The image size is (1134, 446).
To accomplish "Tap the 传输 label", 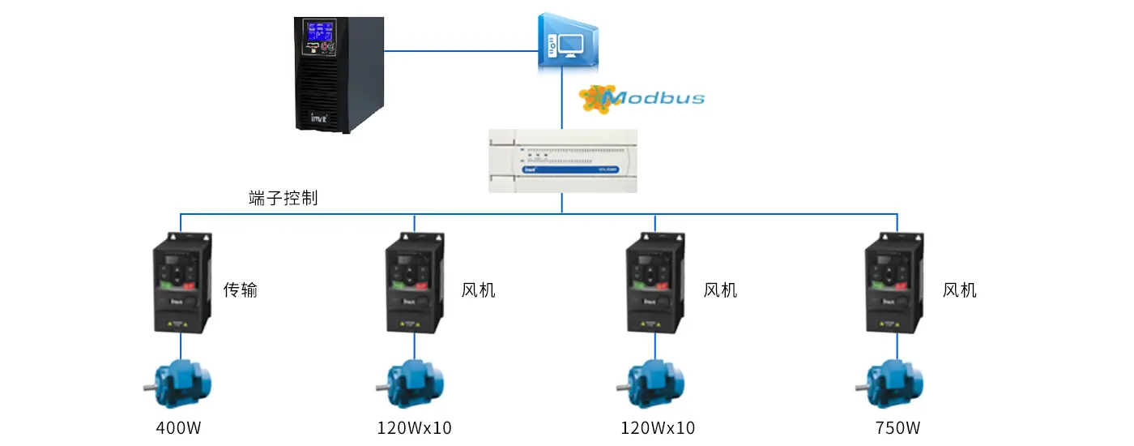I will pyautogui.click(x=241, y=289).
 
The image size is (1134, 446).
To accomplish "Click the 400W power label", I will pyautogui.click(x=178, y=427).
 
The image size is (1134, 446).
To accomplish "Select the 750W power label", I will pyautogui.click(x=897, y=427).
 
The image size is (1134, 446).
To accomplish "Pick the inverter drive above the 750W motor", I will pyautogui.click(x=893, y=284).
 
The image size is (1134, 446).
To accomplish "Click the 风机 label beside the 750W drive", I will pyautogui.click(x=960, y=289).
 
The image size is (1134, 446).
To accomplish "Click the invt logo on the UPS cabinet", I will pyautogui.click(x=318, y=118).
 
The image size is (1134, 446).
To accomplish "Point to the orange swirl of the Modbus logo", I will pyautogui.click(x=595, y=98).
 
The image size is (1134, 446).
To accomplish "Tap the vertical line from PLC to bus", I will pyautogui.click(x=562, y=204).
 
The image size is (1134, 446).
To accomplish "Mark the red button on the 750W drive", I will pyautogui.click(x=903, y=285).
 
